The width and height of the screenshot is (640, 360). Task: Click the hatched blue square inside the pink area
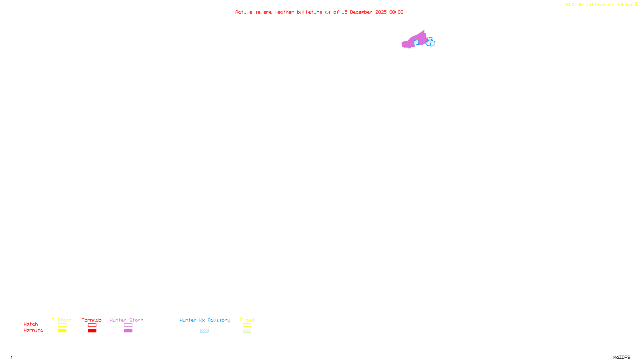coord(416,42)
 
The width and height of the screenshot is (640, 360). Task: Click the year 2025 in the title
coord(381,12)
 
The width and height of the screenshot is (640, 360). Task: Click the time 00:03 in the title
coord(396,12)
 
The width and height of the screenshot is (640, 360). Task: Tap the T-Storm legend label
coord(62,320)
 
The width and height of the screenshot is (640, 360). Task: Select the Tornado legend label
coord(92,320)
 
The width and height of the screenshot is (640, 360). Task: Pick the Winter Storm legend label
coord(126,320)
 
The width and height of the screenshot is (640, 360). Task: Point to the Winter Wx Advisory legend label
coord(205,320)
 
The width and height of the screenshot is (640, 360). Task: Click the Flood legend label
coord(247,320)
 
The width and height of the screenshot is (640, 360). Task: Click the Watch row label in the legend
coord(31,324)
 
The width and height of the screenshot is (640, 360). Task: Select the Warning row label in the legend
coord(34,330)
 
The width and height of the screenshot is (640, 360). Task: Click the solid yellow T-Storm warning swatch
coord(62,331)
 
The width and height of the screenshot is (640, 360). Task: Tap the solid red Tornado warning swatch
coord(92,331)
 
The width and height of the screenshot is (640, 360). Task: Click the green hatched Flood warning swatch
coord(247,331)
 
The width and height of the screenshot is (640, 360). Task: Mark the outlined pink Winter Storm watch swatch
coord(128,325)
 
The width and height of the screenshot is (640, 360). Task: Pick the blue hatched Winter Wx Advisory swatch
coord(204,331)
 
